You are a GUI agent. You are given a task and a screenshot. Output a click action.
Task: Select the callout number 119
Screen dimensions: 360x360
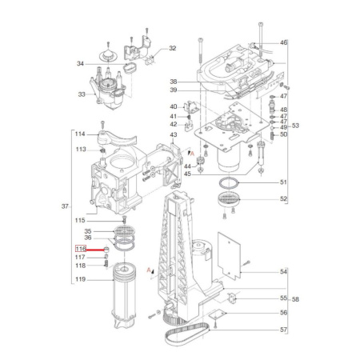(x=80, y=279)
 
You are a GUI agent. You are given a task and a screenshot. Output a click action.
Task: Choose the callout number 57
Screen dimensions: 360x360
(x=283, y=330)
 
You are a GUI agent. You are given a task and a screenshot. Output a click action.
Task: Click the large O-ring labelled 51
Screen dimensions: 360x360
(x=231, y=186)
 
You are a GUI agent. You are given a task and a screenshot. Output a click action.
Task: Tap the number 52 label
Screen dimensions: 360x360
(x=283, y=199)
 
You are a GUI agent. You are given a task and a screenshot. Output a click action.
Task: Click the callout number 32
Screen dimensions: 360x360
(x=172, y=49)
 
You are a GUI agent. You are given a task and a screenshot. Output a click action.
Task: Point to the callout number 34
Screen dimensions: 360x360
(x=80, y=63)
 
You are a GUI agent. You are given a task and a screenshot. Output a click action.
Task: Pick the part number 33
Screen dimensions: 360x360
(x=80, y=94)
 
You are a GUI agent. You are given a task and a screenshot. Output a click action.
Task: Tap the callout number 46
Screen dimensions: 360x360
(x=283, y=42)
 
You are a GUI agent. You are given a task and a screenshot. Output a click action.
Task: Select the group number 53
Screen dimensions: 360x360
(x=295, y=126)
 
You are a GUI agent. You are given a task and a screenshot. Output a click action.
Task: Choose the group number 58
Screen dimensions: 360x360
(x=295, y=300)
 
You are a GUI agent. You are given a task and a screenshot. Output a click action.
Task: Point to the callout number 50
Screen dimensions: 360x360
(x=283, y=134)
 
